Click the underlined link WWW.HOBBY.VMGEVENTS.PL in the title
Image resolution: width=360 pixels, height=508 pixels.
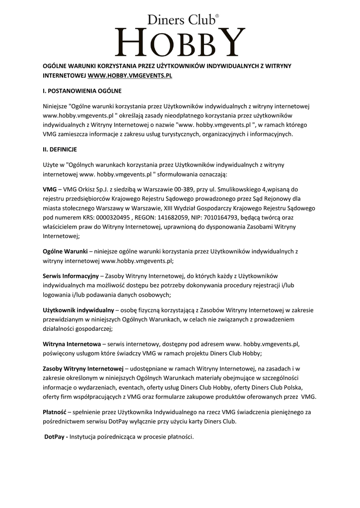click(130, 77)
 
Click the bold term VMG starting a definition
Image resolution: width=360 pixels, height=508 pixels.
click(50, 189)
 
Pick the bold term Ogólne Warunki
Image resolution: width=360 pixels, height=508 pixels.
click(65, 251)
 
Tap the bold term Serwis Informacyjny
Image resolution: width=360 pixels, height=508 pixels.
click(71, 276)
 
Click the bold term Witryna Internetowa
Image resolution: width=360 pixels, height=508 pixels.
click(72, 343)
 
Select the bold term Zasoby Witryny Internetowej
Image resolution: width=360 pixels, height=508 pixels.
click(83, 369)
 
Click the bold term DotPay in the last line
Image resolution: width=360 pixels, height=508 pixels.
click(55, 437)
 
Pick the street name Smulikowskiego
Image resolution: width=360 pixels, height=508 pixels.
click(236, 189)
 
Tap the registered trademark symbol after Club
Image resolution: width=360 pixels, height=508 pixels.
click(217, 16)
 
